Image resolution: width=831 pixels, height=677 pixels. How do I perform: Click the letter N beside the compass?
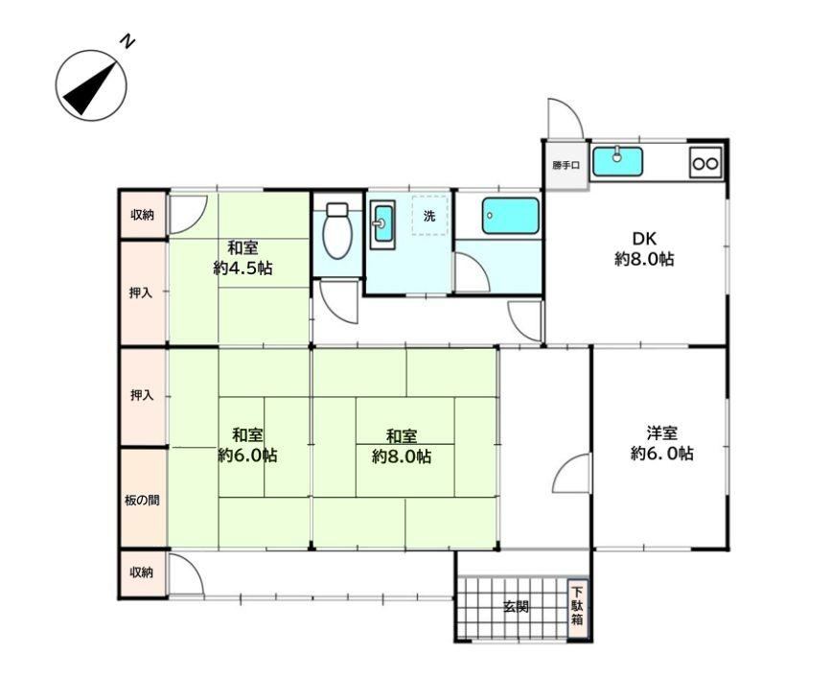click(x=127, y=41)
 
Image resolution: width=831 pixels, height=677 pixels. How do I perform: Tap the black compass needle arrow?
click(x=90, y=88)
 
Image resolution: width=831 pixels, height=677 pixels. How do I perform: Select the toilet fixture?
click(x=337, y=231)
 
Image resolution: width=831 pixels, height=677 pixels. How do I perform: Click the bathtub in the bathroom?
click(x=510, y=216)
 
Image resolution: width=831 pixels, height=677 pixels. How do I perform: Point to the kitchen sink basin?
click(x=617, y=161)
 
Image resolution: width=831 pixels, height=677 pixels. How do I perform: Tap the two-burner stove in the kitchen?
click(x=706, y=162)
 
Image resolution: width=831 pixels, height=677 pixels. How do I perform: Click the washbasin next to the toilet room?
click(x=382, y=223)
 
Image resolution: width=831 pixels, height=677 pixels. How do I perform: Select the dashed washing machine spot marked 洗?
click(x=430, y=215)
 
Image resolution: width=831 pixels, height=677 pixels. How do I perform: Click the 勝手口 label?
click(x=566, y=165)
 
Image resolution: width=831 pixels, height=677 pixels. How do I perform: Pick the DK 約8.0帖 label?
click(x=644, y=248)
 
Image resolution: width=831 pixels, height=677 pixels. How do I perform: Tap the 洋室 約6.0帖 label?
click(x=662, y=443)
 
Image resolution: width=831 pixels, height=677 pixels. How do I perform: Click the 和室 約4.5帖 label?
click(x=242, y=258)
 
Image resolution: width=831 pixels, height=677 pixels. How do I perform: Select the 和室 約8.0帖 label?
click(x=402, y=447)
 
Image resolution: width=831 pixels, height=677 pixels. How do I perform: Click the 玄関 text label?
click(x=516, y=607)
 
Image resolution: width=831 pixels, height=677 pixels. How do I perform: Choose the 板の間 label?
click(x=142, y=500)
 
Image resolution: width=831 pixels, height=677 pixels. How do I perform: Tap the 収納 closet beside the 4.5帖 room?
click(x=143, y=215)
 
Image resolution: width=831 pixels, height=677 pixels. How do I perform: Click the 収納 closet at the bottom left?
click(x=143, y=573)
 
